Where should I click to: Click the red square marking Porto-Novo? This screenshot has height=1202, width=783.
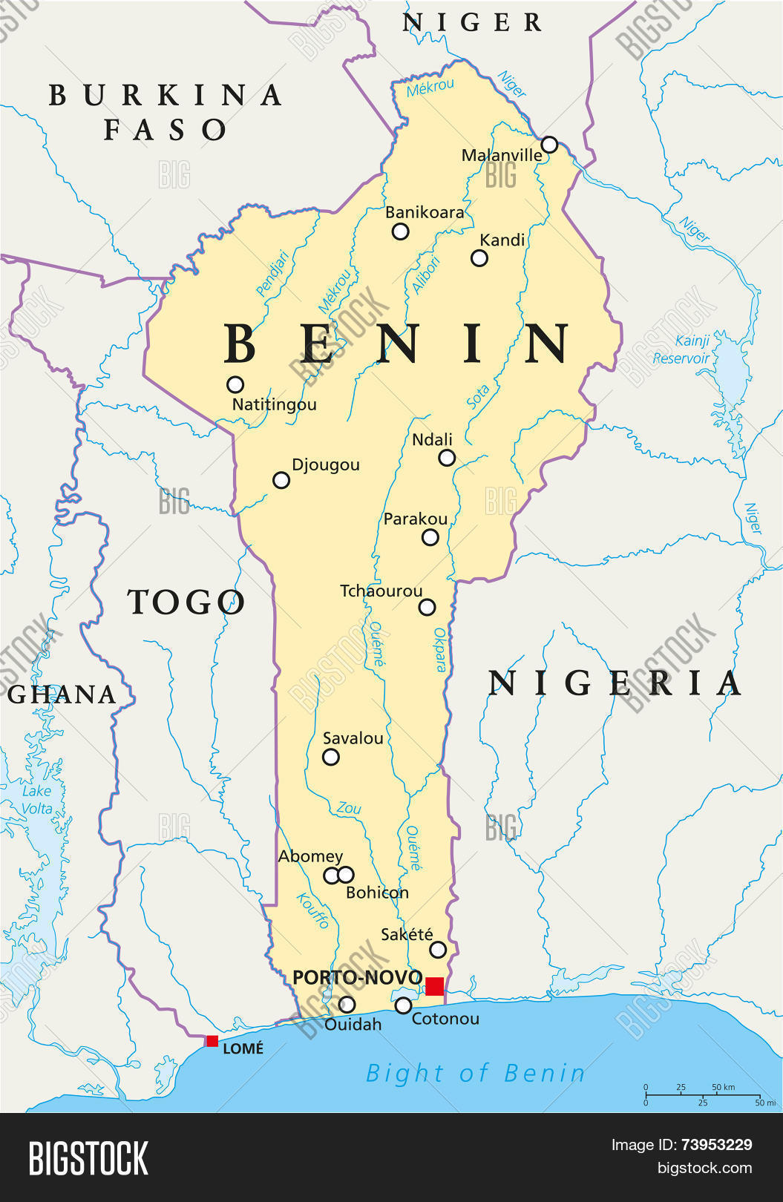(x=434, y=986)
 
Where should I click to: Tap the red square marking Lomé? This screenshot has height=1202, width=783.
(x=212, y=1041)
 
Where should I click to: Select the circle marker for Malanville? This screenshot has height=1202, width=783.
(x=549, y=144)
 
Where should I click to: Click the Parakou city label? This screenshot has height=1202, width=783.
(x=416, y=519)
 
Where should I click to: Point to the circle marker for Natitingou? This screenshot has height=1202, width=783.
(x=235, y=384)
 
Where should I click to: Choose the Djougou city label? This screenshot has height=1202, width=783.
(x=326, y=464)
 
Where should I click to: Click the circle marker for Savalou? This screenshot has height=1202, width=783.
(x=331, y=757)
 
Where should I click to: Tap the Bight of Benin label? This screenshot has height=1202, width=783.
(x=476, y=1073)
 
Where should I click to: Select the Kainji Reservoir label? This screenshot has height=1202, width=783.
(x=681, y=349)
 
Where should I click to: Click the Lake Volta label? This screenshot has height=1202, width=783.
(x=36, y=800)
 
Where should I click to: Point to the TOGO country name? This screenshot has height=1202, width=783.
(x=186, y=602)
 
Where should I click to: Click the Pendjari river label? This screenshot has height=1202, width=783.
(x=272, y=274)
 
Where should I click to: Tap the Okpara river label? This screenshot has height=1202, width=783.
(x=440, y=649)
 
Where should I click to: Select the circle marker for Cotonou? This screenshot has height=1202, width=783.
(x=403, y=1005)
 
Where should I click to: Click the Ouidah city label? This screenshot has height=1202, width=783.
(x=353, y=1025)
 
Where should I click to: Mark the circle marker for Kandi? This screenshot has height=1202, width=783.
(x=479, y=258)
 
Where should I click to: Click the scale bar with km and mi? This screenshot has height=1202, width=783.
(x=702, y=1095)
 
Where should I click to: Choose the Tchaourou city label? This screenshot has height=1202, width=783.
(x=381, y=591)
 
